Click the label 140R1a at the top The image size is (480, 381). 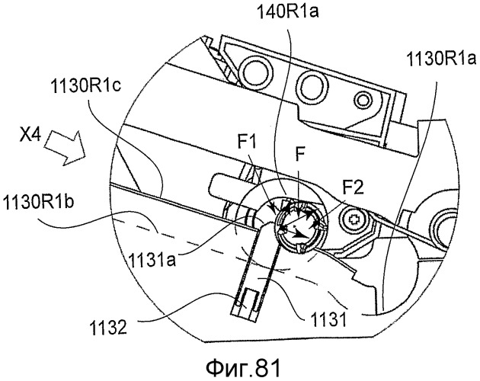287,13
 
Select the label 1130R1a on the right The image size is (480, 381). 441,59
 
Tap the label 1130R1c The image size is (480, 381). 86,87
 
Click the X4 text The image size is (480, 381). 30,136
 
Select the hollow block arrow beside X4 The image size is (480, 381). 66,148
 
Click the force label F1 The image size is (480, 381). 248,142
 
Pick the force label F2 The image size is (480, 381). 353,187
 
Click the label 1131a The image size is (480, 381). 152,261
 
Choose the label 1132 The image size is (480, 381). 108,328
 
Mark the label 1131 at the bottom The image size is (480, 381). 328,320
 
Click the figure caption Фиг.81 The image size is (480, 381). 243,368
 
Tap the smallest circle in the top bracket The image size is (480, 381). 363,100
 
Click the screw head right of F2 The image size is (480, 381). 355,220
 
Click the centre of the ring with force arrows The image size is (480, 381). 297,227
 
